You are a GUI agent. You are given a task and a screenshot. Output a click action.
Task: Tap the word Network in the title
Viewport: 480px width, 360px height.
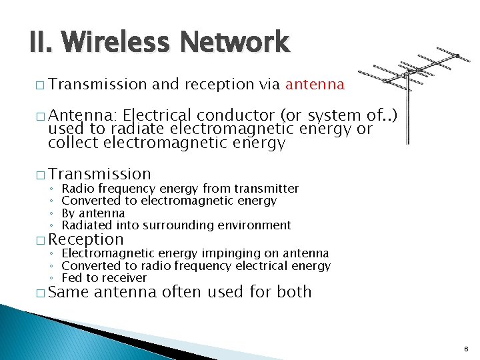(230, 43)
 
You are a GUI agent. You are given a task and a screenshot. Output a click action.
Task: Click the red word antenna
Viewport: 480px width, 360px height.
(315, 85)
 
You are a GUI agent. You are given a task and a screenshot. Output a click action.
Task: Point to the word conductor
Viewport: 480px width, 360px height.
(228, 117)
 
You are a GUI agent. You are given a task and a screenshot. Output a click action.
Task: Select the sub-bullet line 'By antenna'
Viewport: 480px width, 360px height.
(93, 213)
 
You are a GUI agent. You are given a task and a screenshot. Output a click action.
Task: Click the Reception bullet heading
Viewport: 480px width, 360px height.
(86, 239)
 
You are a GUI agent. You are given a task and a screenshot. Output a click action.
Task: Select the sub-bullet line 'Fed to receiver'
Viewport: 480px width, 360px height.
(103, 278)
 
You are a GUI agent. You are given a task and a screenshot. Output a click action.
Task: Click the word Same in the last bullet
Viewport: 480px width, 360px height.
(69, 292)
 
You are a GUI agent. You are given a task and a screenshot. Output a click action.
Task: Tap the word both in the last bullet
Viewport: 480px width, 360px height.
(295, 292)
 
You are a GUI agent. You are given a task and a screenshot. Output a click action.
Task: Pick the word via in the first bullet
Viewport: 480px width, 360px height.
(269, 85)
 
